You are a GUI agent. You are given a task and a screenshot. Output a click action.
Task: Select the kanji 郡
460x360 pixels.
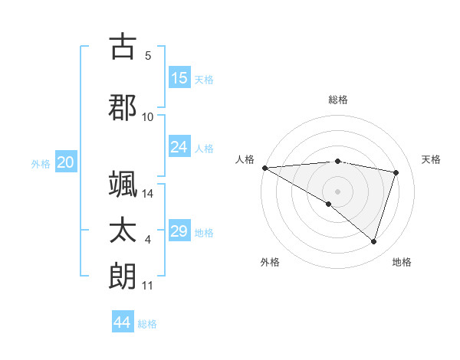pyautogui.click(x=123, y=106)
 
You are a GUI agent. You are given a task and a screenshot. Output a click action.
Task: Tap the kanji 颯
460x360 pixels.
pyautogui.click(x=123, y=184)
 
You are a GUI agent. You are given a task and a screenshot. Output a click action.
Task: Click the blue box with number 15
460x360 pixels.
pyautogui.click(x=179, y=78)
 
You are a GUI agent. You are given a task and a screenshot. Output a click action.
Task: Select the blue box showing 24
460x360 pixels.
pyautogui.click(x=179, y=147)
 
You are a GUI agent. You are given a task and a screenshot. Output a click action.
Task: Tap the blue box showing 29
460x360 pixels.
pyautogui.click(x=179, y=231)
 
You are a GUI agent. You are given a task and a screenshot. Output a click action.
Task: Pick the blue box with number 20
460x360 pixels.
pyautogui.click(x=66, y=162)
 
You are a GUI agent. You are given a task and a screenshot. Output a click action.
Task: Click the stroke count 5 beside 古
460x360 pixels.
pyautogui.click(x=148, y=56)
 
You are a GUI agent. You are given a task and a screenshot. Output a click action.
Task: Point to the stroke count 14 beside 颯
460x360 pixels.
pyautogui.click(x=148, y=194)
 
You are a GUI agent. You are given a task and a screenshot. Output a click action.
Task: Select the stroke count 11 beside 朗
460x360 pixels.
pyautogui.click(x=148, y=286)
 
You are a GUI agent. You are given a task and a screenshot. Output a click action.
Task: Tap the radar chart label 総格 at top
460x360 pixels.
pyautogui.click(x=337, y=100)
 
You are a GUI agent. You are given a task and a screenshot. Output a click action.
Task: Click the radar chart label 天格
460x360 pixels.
pyautogui.click(x=432, y=159)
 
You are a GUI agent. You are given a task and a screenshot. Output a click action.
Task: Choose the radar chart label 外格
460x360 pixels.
pyautogui.click(x=270, y=262)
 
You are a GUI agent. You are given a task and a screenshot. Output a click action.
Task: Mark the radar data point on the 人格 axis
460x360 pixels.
pyautogui.click(x=264, y=168)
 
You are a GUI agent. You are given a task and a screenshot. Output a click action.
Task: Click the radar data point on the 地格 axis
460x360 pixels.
pyautogui.click(x=373, y=241)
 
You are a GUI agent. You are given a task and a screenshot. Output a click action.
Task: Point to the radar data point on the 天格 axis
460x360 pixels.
pyautogui.click(x=396, y=172)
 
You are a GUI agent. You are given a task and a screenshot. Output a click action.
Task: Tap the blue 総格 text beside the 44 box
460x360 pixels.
pyautogui.click(x=147, y=324)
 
